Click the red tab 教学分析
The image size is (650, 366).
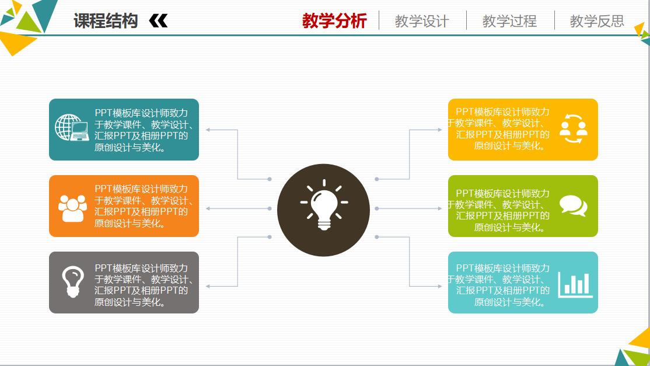click(x=334, y=21)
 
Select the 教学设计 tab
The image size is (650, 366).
click(x=422, y=22)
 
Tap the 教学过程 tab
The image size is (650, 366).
click(x=509, y=22)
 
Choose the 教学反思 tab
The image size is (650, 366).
click(x=597, y=22)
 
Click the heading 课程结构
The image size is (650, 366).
click(x=106, y=21)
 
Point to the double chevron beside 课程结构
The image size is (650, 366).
click(x=158, y=22)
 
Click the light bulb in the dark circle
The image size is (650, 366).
click(x=323, y=207)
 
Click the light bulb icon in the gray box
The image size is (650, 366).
click(x=72, y=282)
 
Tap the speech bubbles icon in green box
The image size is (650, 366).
click(x=573, y=206)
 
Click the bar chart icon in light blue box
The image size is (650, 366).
click(x=575, y=284)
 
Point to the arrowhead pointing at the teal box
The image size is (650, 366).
click(x=208, y=130)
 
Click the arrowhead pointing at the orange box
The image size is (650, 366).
click(x=208, y=208)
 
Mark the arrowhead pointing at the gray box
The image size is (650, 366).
click(x=208, y=286)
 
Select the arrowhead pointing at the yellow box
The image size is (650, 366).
click(x=440, y=130)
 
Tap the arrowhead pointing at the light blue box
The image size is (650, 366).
click(x=440, y=286)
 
